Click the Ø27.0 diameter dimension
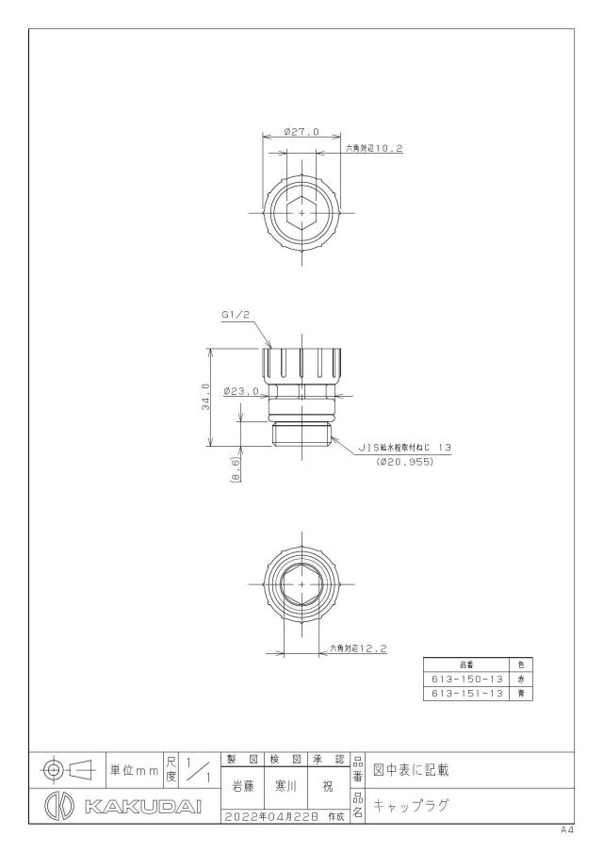[301, 132]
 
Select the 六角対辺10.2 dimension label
[374, 148]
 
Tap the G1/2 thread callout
[235, 315]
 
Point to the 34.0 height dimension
[205, 397]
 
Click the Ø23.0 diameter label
[241, 390]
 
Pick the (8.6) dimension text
[235, 469]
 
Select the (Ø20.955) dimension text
[404, 462]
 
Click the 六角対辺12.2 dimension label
[358, 648]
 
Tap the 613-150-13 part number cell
[466, 679]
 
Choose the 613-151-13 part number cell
[466, 694]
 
